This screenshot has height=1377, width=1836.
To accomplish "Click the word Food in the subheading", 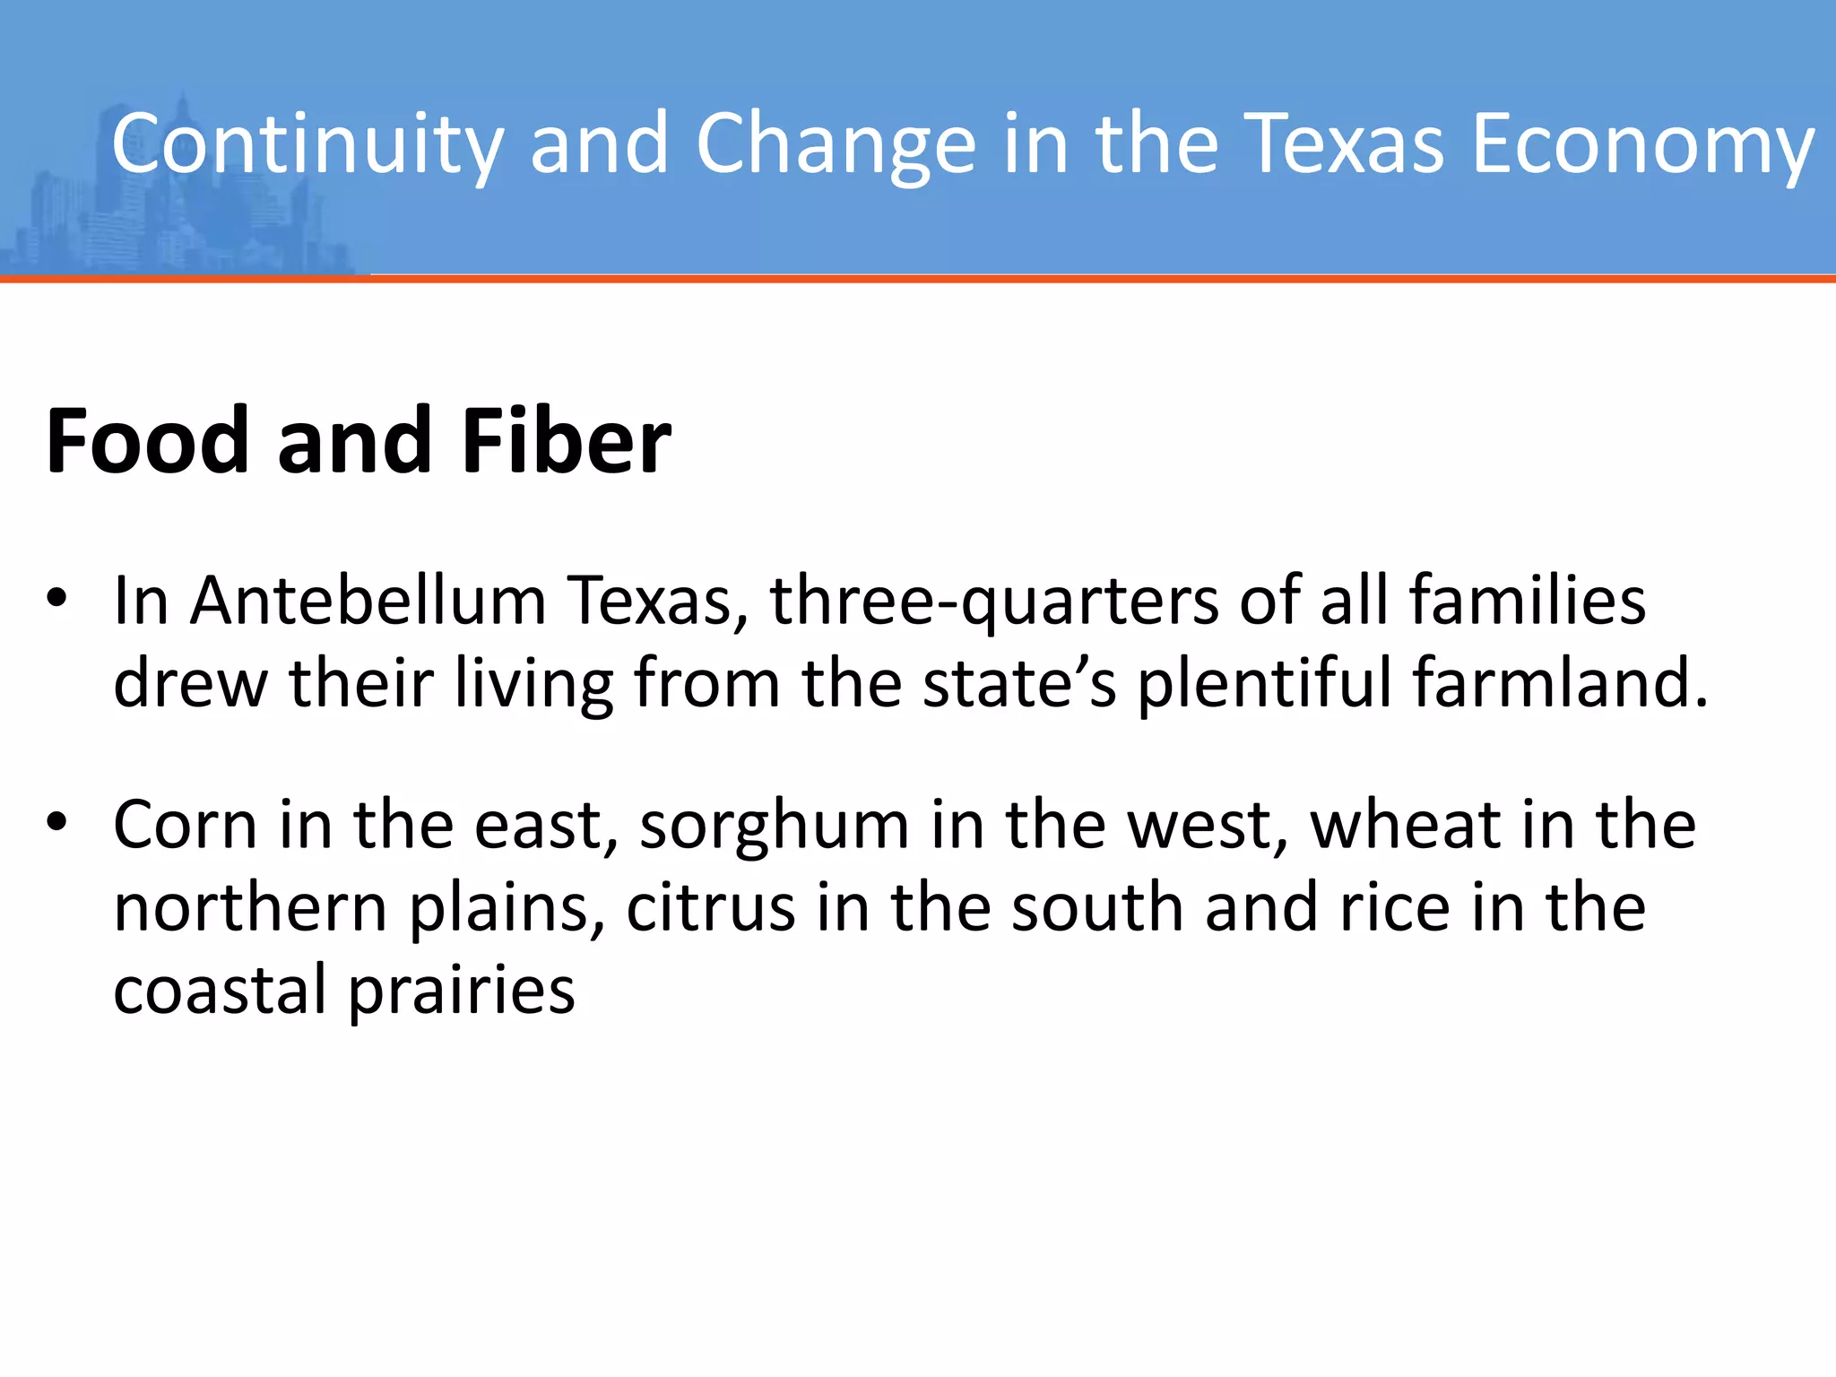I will pos(147,441).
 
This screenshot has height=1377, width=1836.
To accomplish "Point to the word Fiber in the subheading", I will pos(567,441).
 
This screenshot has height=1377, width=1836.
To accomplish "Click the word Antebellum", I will pos(368,601).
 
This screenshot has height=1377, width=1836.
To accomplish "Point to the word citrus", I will pos(711,907).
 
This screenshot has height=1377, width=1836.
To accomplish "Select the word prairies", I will pos(461,992).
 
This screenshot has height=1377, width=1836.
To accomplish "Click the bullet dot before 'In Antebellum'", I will pos(57,599).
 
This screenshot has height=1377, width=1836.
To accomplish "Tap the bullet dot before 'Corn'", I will pos(57,823).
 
